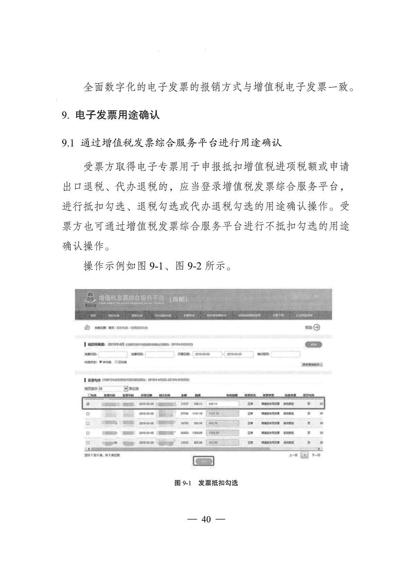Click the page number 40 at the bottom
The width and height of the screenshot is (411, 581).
click(x=206, y=520)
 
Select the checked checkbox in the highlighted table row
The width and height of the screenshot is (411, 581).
click(x=88, y=404)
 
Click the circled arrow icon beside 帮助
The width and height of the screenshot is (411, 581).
click(x=316, y=327)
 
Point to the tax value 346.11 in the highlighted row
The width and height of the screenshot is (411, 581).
click(x=198, y=404)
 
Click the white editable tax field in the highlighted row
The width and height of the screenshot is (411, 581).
click(x=222, y=404)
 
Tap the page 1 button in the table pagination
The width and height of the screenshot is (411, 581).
click(x=304, y=455)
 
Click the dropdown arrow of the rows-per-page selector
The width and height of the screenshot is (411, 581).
click(x=126, y=389)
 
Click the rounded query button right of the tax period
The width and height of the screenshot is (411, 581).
click(x=313, y=344)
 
